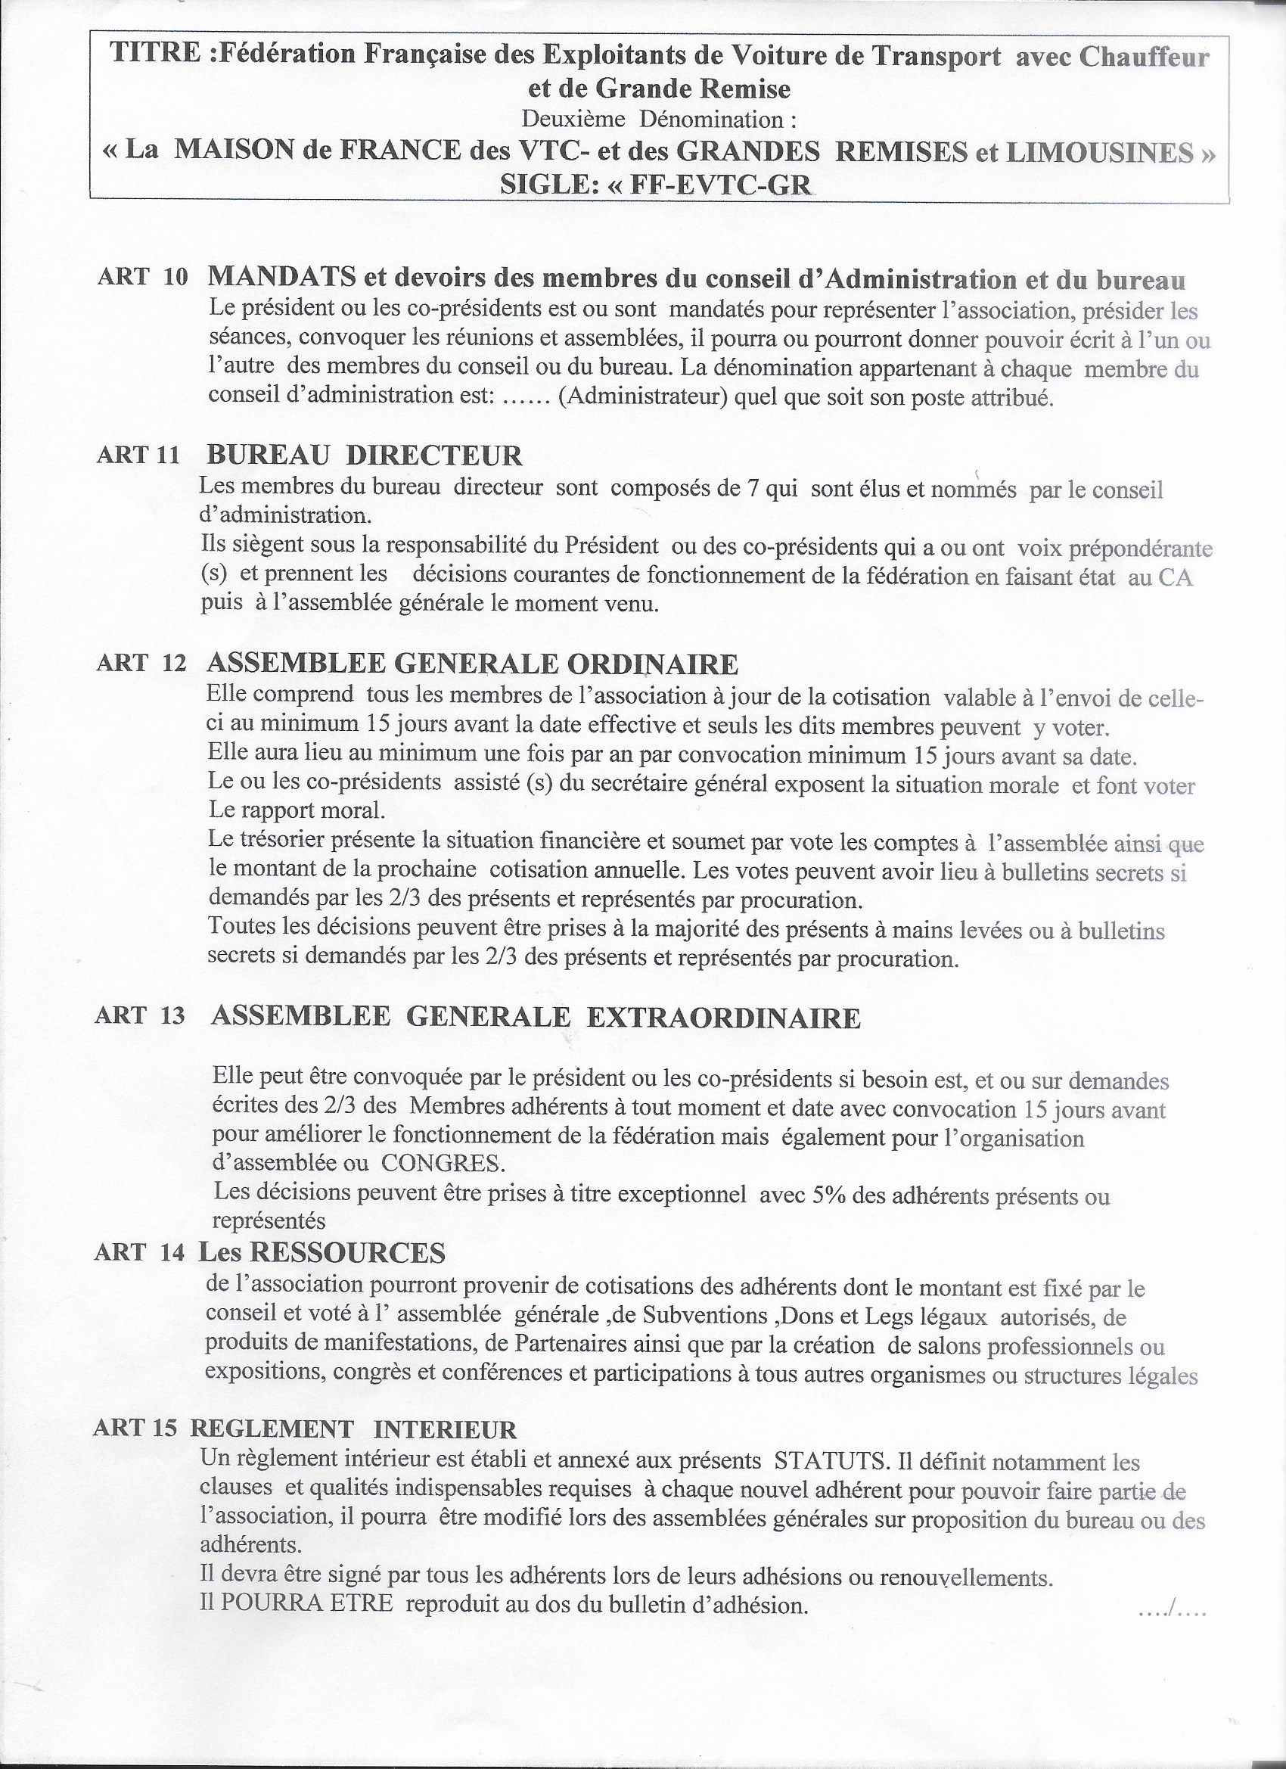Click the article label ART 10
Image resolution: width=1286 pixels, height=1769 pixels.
[x=142, y=278]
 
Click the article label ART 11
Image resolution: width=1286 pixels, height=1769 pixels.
[x=138, y=455]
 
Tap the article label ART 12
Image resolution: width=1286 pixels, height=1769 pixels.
[x=141, y=664]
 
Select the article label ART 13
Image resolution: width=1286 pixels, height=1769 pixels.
[x=140, y=1015]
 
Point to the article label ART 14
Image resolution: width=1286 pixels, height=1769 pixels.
[x=140, y=1253]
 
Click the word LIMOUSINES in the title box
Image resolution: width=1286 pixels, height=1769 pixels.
[x=1101, y=151]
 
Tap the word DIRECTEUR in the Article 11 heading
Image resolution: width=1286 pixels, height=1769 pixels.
[x=434, y=455]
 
